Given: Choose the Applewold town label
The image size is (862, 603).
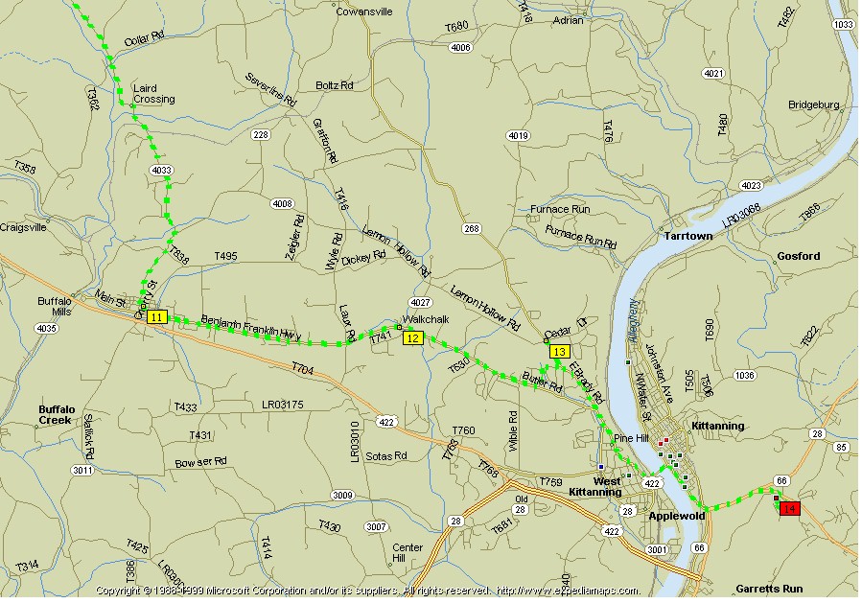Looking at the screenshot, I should tap(676, 516).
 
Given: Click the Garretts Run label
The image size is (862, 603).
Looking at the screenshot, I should tap(769, 589).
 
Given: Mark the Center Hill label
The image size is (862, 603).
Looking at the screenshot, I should tap(408, 553).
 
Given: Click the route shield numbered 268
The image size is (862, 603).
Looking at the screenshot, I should tap(471, 228).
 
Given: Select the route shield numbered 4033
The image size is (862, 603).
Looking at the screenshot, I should tap(161, 171).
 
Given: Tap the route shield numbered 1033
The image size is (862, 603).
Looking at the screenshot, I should tap(844, 24).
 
